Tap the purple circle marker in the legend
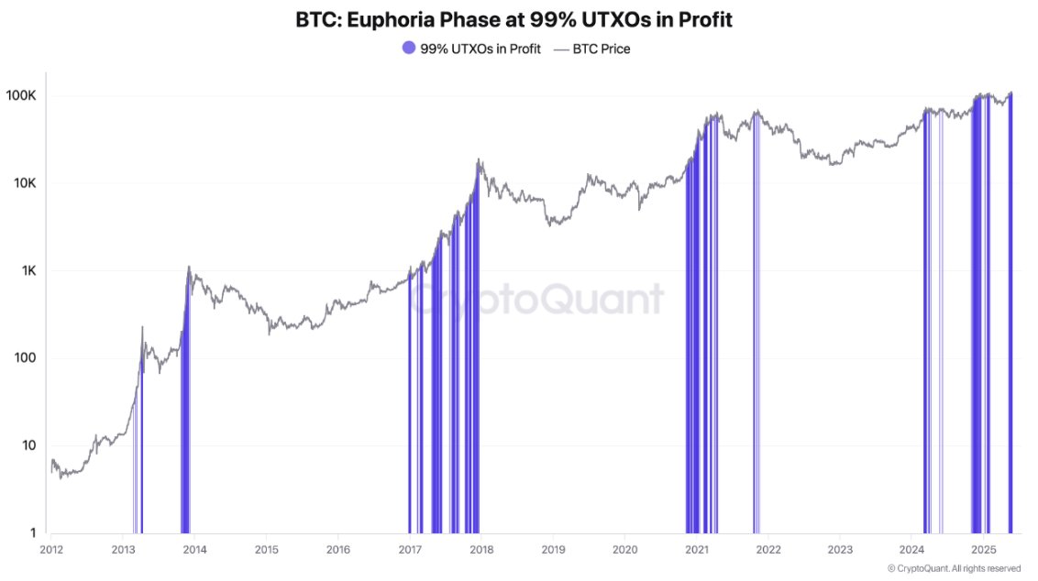point(409,49)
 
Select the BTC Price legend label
point(602,49)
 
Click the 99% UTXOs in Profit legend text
point(480,49)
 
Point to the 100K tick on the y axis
point(21,96)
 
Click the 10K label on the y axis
point(25,183)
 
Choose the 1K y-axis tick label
point(28,271)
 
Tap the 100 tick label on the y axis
point(26,358)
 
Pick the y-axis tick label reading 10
point(29,445)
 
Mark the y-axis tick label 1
point(33,532)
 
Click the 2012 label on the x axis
point(51,549)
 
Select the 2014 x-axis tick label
point(194,549)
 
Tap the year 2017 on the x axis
point(410,549)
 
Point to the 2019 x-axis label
point(553,549)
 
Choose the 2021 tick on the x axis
point(697,549)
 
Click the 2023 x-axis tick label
point(840,549)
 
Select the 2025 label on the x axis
point(983,549)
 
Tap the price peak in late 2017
point(479,160)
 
